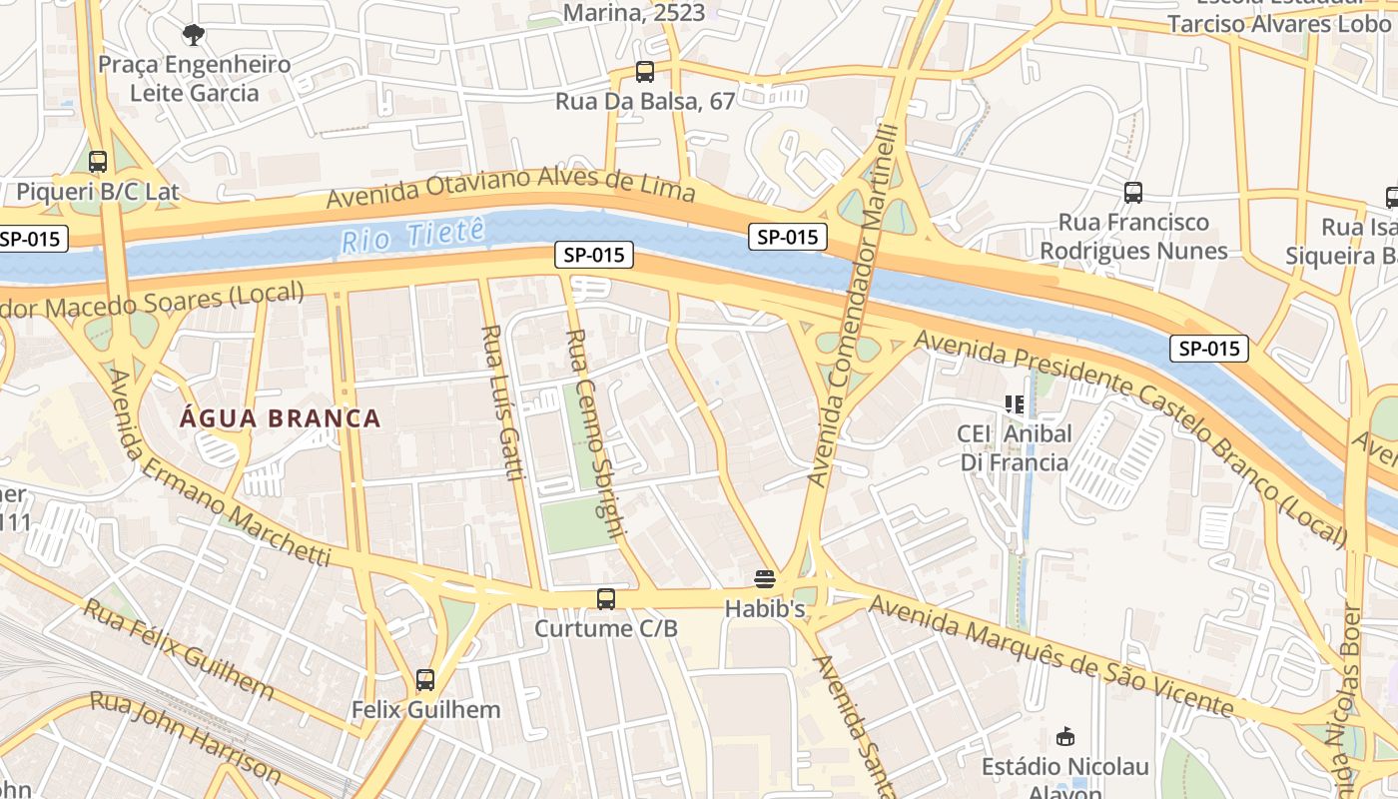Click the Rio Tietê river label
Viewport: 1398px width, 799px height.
[412, 235]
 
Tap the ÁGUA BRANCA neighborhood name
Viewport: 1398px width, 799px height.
[281, 418]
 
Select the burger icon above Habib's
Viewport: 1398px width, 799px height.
[765, 578]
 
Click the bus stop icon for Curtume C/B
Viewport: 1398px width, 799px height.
[606, 599]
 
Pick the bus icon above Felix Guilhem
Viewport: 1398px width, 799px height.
[425, 680]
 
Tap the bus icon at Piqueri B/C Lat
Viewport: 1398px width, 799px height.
[98, 161]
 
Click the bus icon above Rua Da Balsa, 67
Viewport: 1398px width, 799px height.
[645, 72]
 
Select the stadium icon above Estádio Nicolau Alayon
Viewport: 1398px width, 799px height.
[1065, 737]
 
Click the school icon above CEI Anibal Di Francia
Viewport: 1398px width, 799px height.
[1015, 404]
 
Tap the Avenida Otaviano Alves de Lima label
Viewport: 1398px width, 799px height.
[510, 187]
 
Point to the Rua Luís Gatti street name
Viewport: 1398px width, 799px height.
[502, 401]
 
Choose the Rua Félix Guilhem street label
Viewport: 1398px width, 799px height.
[179, 648]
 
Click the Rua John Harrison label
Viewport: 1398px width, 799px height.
[186, 735]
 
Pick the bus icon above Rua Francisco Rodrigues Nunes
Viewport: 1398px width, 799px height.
[1132, 192]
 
